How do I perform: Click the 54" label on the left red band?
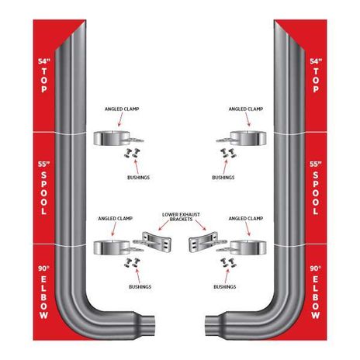(x=44, y=61)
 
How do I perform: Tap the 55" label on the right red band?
(x=316, y=164)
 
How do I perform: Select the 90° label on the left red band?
(x=43, y=268)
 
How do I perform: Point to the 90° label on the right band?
(x=316, y=268)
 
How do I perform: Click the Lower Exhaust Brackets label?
(x=181, y=216)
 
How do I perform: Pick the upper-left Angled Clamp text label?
(x=122, y=109)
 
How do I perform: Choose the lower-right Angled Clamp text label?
(x=246, y=219)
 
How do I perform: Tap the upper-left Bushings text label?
(x=138, y=178)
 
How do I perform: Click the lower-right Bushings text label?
(x=225, y=286)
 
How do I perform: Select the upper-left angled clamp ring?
(x=112, y=138)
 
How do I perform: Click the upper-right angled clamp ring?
(x=248, y=138)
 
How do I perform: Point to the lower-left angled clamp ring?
(x=112, y=247)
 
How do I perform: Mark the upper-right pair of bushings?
(x=229, y=153)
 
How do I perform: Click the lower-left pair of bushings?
(x=132, y=263)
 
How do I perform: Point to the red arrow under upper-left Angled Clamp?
(x=120, y=119)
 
